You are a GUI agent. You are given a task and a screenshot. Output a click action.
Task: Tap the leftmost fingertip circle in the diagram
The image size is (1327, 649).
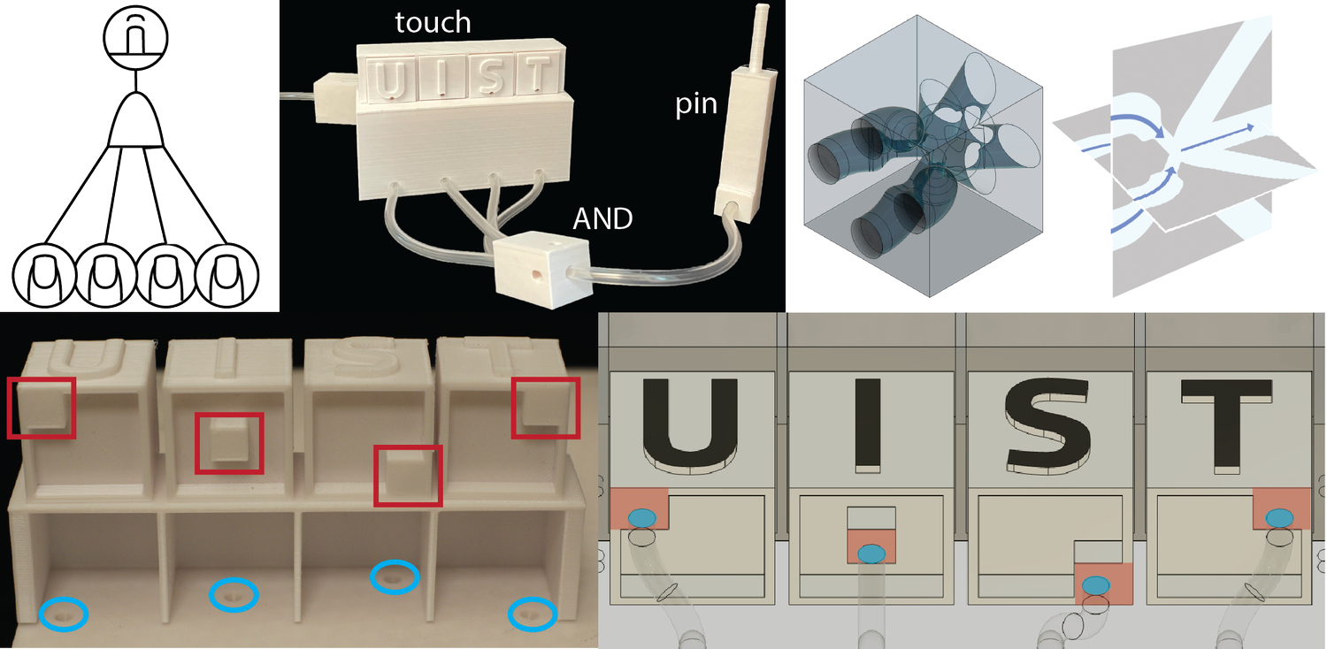pyautogui.click(x=44, y=275)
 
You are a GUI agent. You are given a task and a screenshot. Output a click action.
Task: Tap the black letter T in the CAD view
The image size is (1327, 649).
pyautogui.click(x=1229, y=423)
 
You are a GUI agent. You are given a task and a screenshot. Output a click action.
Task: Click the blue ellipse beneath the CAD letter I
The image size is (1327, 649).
pyautogui.click(x=871, y=553)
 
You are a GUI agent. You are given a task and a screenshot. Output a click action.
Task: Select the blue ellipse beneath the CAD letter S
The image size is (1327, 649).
pyautogui.click(x=1096, y=584)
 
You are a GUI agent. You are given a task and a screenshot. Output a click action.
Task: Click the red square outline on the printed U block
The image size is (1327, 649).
pyautogui.click(x=41, y=407)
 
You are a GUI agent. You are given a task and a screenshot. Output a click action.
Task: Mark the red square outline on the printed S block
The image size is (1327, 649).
pyautogui.click(x=407, y=477)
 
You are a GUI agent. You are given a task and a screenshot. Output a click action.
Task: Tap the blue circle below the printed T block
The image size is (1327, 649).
pyautogui.click(x=533, y=613)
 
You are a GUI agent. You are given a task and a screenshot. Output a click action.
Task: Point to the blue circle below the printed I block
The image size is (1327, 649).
pyautogui.click(x=234, y=597)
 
